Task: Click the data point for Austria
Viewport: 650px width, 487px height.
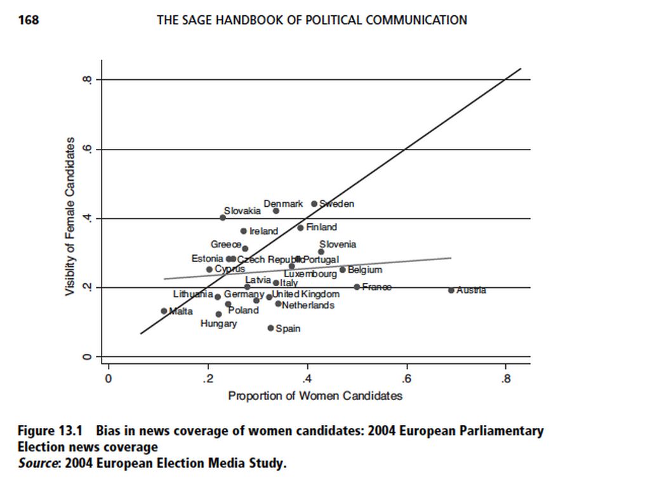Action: (451, 290)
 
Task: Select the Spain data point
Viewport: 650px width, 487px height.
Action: (270, 328)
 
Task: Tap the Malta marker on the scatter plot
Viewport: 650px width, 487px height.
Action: (164, 311)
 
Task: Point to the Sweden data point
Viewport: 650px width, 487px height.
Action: (314, 204)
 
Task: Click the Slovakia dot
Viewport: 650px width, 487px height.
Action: (222, 218)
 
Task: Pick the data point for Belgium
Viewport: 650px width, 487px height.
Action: (343, 269)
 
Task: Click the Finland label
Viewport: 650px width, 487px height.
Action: (321, 227)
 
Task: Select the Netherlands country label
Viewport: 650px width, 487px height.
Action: (308, 305)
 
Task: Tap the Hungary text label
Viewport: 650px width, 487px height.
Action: (218, 323)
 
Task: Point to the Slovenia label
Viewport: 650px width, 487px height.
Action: (338, 244)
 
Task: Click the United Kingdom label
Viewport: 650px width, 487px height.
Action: (306, 294)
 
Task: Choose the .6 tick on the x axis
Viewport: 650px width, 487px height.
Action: (406, 379)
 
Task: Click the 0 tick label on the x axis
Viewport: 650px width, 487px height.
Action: (109, 379)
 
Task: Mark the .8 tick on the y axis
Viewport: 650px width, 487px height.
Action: (86, 80)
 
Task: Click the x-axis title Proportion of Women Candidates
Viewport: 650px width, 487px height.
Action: (315, 396)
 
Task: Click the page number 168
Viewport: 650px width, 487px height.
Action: (28, 20)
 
